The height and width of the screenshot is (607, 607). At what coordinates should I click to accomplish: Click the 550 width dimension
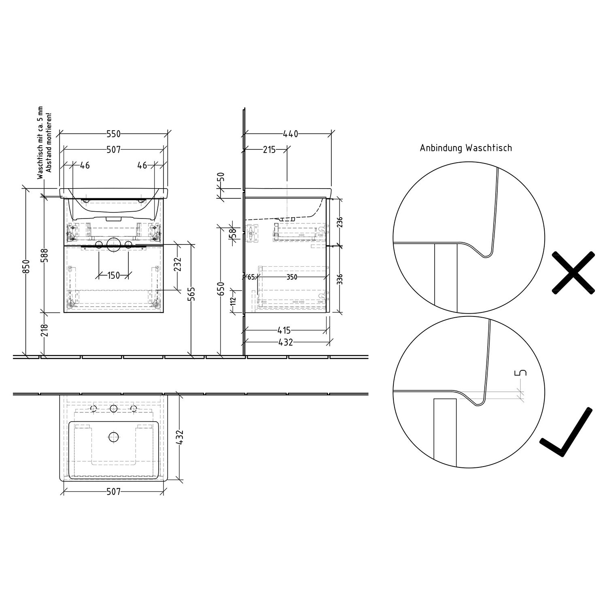pyautogui.click(x=114, y=134)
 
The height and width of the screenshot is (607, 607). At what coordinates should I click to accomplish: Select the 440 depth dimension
pyautogui.click(x=290, y=134)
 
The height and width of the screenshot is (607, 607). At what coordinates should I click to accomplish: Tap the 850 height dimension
pyautogui.click(x=26, y=267)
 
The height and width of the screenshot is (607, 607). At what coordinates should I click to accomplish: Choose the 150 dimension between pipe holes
pyautogui.click(x=114, y=276)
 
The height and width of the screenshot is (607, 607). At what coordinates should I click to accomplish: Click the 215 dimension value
pyautogui.click(x=269, y=150)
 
